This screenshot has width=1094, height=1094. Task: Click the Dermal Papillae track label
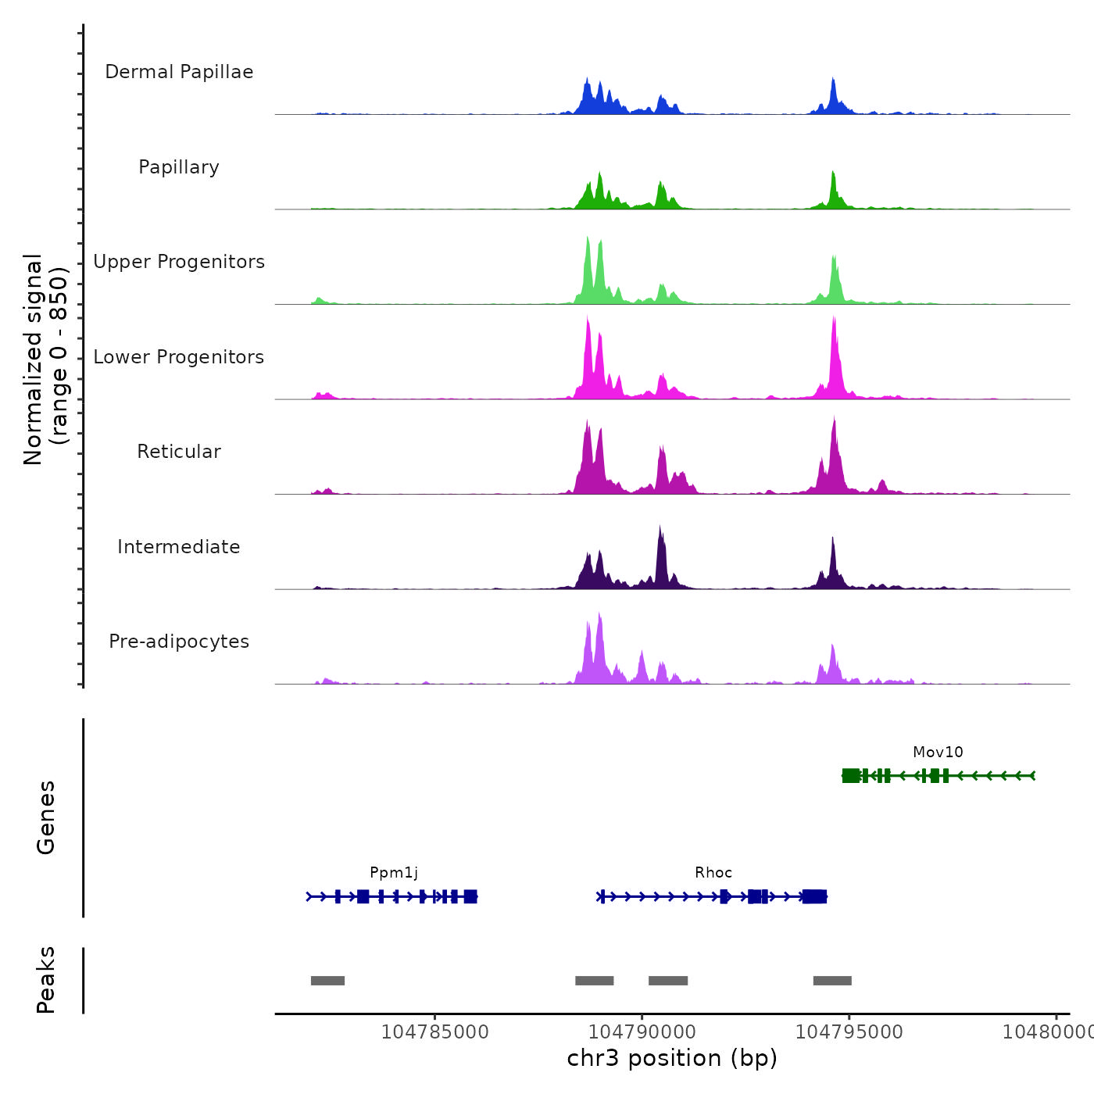pos(179,72)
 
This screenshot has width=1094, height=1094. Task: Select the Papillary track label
pos(179,167)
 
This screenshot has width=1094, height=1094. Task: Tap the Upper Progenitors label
pos(179,262)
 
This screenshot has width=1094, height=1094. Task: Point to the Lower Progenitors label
pos(179,357)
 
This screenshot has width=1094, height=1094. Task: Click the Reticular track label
pos(179,452)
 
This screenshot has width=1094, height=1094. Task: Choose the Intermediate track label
pos(179,547)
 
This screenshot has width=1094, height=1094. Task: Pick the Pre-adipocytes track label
pos(179,642)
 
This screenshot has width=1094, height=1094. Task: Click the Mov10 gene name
pos(938,753)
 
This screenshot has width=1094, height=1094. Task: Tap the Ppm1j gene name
pos(394,873)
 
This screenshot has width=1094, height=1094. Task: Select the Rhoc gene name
pos(713,873)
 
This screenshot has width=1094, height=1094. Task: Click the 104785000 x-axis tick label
pos(434,1032)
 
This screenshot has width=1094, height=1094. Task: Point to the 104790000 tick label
pos(642,1032)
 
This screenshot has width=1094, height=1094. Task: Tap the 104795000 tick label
pos(849,1032)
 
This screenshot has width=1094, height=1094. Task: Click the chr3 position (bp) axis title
pos(672,1058)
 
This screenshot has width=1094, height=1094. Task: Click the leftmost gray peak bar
pos(327,981)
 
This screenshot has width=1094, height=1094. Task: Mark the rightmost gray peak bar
pos(832,981)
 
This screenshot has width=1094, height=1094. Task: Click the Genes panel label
pos(46,817)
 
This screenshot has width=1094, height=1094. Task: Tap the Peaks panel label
pos(46,980)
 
